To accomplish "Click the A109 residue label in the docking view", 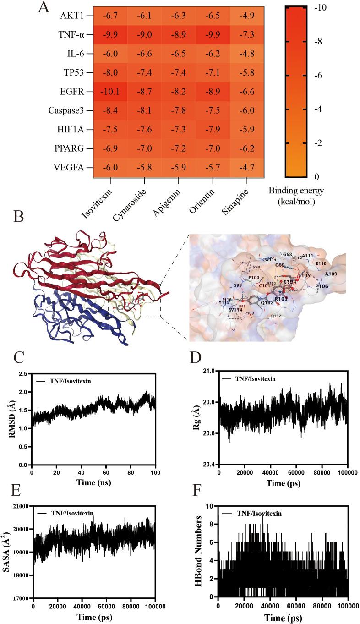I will point(331,274).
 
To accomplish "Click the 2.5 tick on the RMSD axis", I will point(23,374).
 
